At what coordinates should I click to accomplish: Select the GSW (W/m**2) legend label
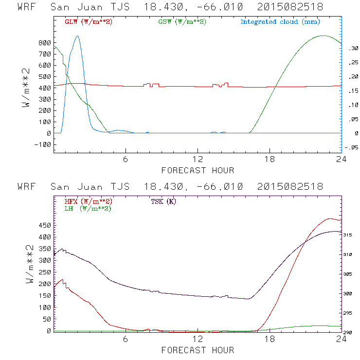[x=182, y=22]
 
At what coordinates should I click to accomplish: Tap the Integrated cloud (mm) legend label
[x=280, y=22]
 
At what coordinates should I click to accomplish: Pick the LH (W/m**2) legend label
[x=88, y=208]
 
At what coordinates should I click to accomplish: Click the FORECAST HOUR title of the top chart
[x=198, y=170]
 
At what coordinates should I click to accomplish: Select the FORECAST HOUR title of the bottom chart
[x=198, y=350]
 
